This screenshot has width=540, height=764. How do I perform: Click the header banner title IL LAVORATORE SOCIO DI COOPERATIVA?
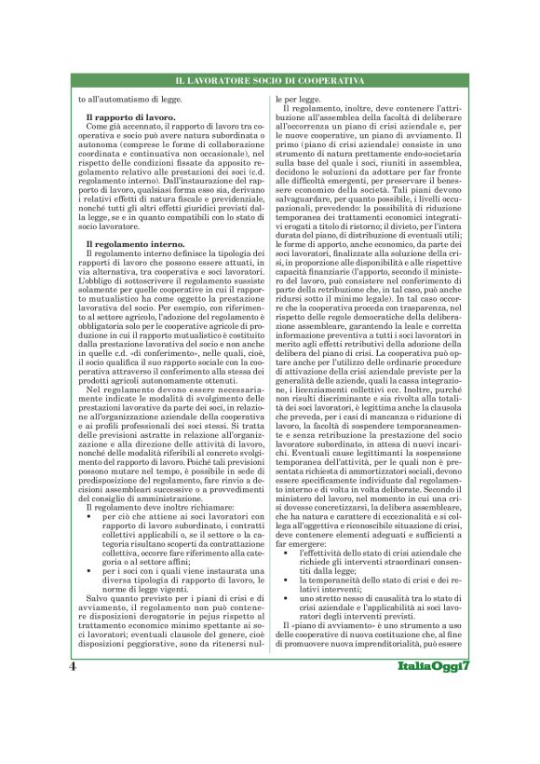269,82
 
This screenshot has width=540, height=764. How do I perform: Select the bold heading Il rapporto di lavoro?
117,117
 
